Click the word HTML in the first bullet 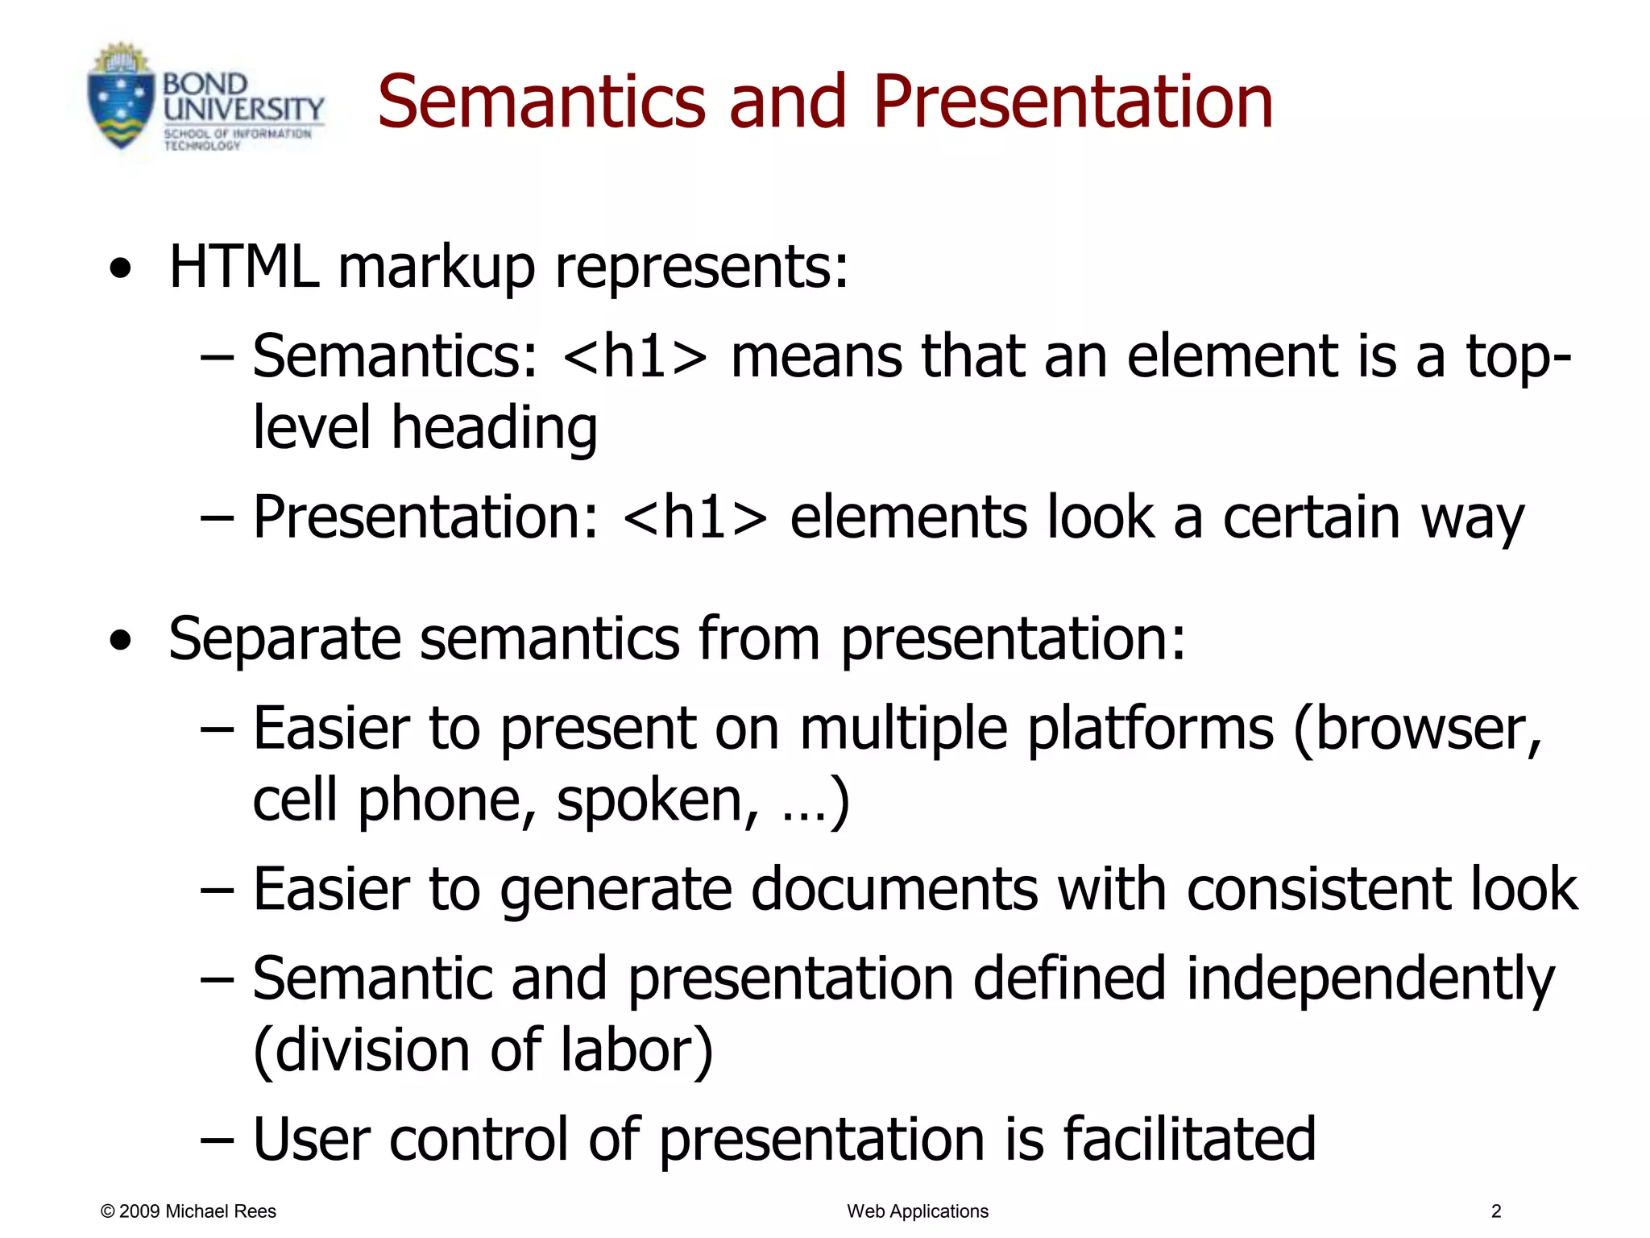(243, 268)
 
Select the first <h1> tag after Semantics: (635, 357)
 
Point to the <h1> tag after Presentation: (694, 518)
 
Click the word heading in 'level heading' (494, 428)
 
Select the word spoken (657, 801)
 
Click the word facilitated (1189, 1140)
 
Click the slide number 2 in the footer (1496, 1211)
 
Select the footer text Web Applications (917, 1211)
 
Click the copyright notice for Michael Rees (188, 1211)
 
